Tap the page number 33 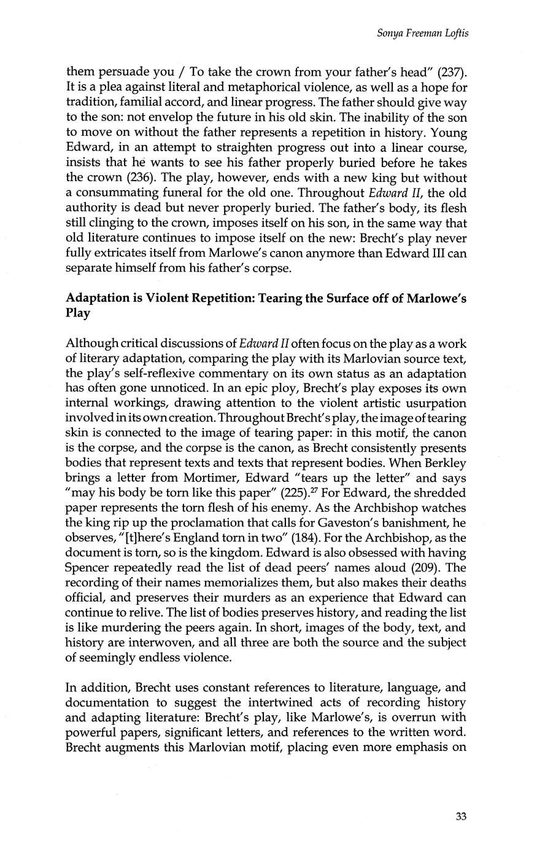click(462, 816)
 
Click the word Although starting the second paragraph click(92, 343)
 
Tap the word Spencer click(90, 568)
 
